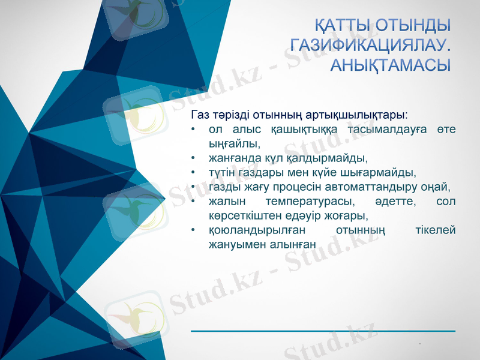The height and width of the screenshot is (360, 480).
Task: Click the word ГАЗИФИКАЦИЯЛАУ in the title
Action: [369, 45]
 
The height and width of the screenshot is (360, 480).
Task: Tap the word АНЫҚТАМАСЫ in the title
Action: [390, 65]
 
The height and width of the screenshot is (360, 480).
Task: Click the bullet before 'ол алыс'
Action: [193, 130]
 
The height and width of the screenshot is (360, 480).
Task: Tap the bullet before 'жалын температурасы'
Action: [193, 202]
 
